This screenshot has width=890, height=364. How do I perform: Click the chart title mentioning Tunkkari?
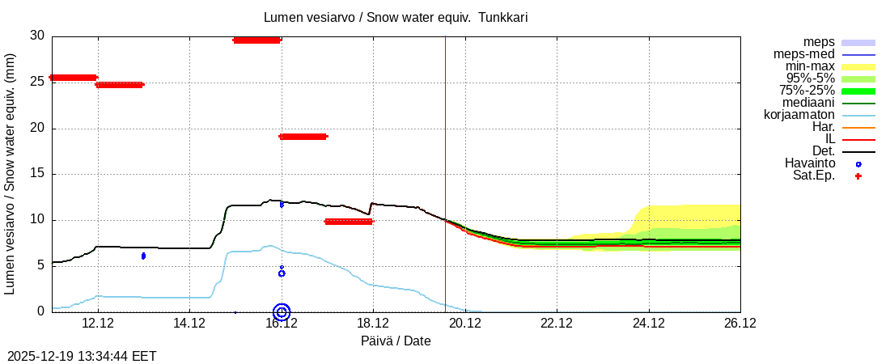[396, 17]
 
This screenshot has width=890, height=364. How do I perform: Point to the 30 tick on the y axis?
[37, 36]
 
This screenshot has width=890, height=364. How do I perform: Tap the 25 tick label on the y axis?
[37, 83]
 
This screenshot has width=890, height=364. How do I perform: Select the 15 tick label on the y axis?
[37, 174]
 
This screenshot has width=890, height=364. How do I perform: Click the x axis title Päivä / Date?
[396, 341]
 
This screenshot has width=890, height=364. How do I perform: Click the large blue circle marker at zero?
[282, 311]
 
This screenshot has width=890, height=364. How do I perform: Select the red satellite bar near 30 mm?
[256, 40]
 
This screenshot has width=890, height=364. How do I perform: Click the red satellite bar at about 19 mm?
[303, 137]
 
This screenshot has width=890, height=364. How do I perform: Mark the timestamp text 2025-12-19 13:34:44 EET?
[82, 356]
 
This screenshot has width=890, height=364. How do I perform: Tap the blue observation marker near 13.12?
[143, 256]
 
